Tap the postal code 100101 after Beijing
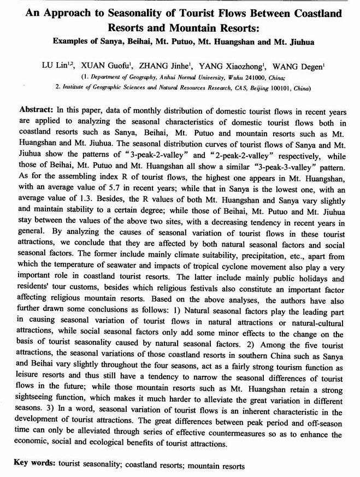pyautogui.click(x=278, y=87)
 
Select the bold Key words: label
pyautogui.click(x=35, y=465)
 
